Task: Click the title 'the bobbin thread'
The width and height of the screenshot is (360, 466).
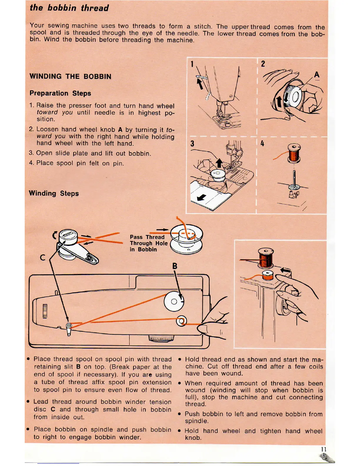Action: pyautogui.click(x=69, y=8)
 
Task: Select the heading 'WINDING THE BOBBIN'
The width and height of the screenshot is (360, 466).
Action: pyautogui.click(x=70, y=76)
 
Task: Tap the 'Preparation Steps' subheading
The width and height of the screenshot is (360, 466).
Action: pyautogui.click(x=60, y=93)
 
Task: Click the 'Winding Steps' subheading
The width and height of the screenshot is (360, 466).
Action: pyautogui.click(x=54, y=193)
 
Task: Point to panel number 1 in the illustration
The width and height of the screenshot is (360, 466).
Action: pyautogui.click(x=192, y=64)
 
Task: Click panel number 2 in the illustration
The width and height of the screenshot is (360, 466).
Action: pyautogui.click(x=263, y=64)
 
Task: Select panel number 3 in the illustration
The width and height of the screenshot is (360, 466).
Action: pyautogui.click(x=192, y=144)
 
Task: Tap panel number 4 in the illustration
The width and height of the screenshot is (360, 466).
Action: pyautogui.click(x=262, y=144)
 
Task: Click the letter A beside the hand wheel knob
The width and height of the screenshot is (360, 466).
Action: pyautogui.click(x=317, y=75)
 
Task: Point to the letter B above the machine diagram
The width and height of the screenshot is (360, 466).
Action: pyautogui.click(x=175, y=266)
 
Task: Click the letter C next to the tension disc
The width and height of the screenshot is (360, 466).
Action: pyautogui.click(x=43, y=258)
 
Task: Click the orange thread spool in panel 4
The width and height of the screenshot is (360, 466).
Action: pyautogui.click(x=294, y=154)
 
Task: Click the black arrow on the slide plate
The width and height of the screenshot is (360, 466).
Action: pyautogui.click(x=201, y=197)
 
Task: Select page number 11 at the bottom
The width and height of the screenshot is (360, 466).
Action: pyautogui.click(x=324, y=450)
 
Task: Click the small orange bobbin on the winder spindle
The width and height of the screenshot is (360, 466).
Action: pyautogui.click(x=268, y=276)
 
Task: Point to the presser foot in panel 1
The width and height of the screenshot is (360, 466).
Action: pyautogui.click(x=220, y=113)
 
